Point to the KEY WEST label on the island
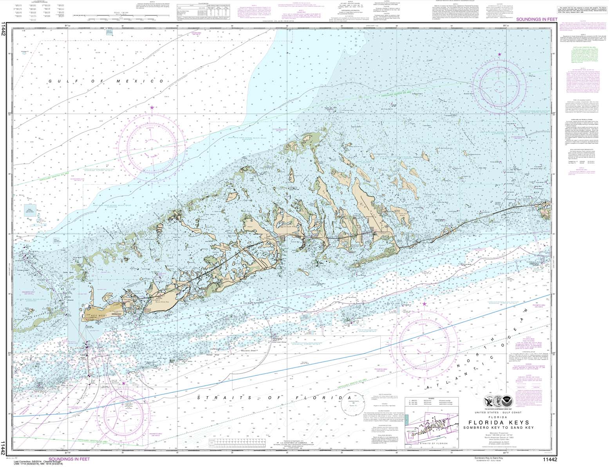(x=96, y=315)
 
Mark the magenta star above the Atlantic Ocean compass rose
(x=424, y=304)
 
